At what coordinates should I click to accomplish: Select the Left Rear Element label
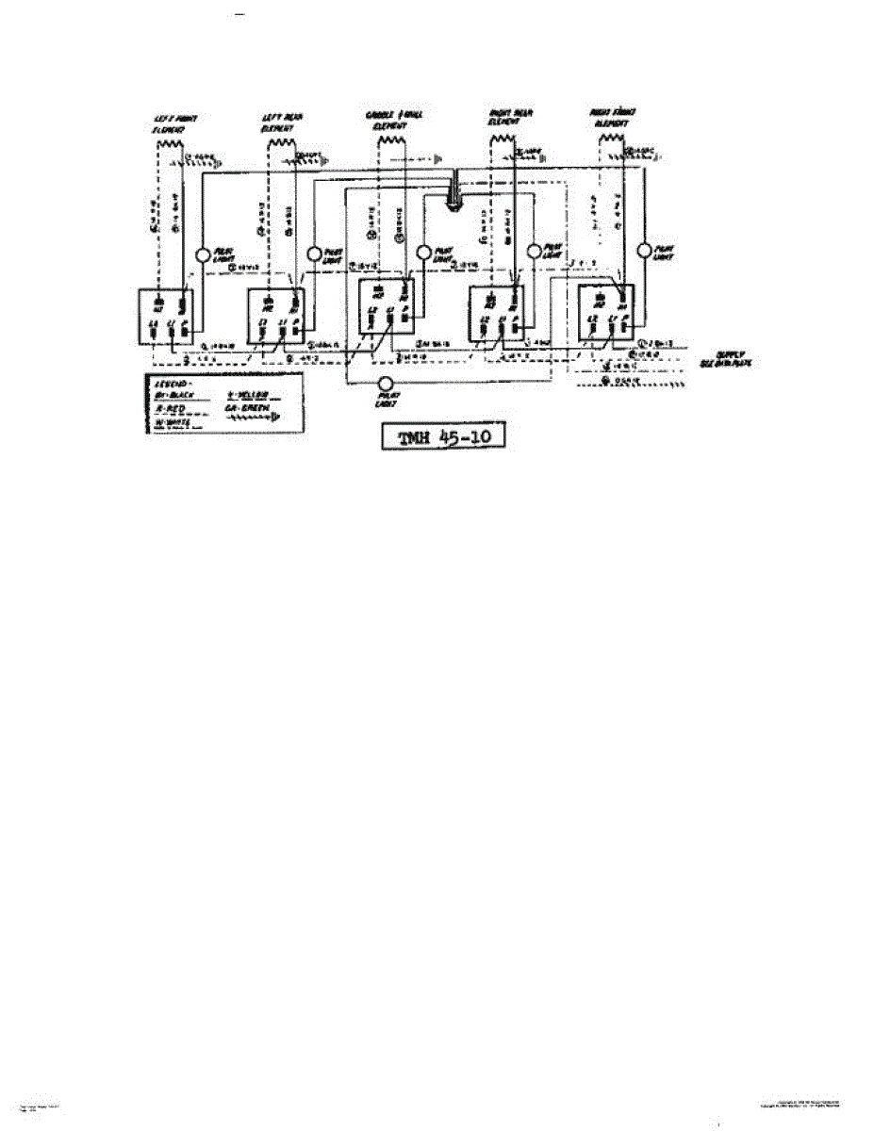pyautogui.click(x=280, y=121)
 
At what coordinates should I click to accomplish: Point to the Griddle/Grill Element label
pyautogui.click(x=393, y=120)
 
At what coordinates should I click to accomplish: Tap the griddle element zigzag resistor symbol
pyautogui.click(x=390, y=141)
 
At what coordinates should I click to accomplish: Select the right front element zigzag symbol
pyautogui.click(x=612, y=142)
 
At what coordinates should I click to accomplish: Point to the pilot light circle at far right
pyautogui.click(x=645, y=252)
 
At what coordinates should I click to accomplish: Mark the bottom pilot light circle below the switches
pyautogui.click(x=385, y=384)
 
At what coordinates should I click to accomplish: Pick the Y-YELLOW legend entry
pyautogui.click(x=247, y=396)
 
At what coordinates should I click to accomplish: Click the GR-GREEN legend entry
pyautogui.click(x=247, y=408)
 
